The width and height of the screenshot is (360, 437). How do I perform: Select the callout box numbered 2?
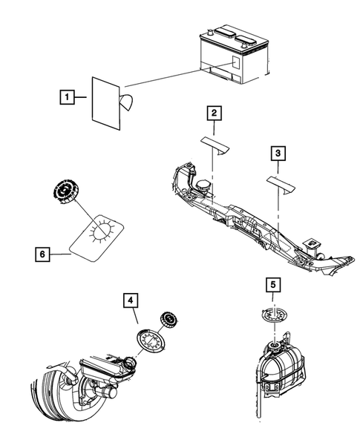click(x=214, y=113)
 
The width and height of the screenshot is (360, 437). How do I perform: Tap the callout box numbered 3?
click(x=277, y=154)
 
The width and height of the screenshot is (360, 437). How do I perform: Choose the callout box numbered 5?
click(x=272, y=284)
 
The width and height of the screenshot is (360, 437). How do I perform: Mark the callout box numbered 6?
click(x=42, y=254)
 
